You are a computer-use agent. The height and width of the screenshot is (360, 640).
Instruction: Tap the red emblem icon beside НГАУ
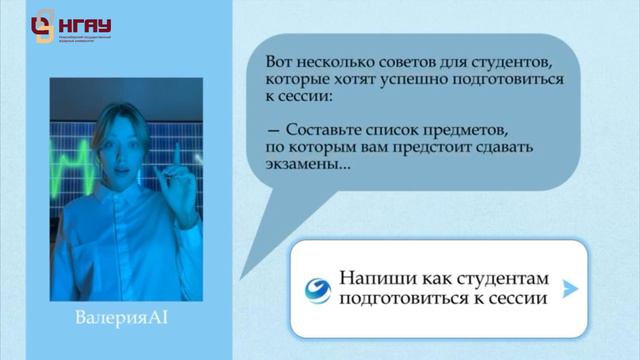(x=42, y=28)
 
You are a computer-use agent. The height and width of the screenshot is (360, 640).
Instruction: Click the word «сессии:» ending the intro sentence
(x=319, y=98)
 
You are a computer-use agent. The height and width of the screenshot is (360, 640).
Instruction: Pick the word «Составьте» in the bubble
(x=326, y=131)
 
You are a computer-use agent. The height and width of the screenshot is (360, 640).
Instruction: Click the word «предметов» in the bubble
(x=475, y=131)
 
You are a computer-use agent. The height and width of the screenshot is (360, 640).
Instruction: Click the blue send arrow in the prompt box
(x=570, y=289)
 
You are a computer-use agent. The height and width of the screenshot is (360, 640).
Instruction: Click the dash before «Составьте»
(x=273, y=131)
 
